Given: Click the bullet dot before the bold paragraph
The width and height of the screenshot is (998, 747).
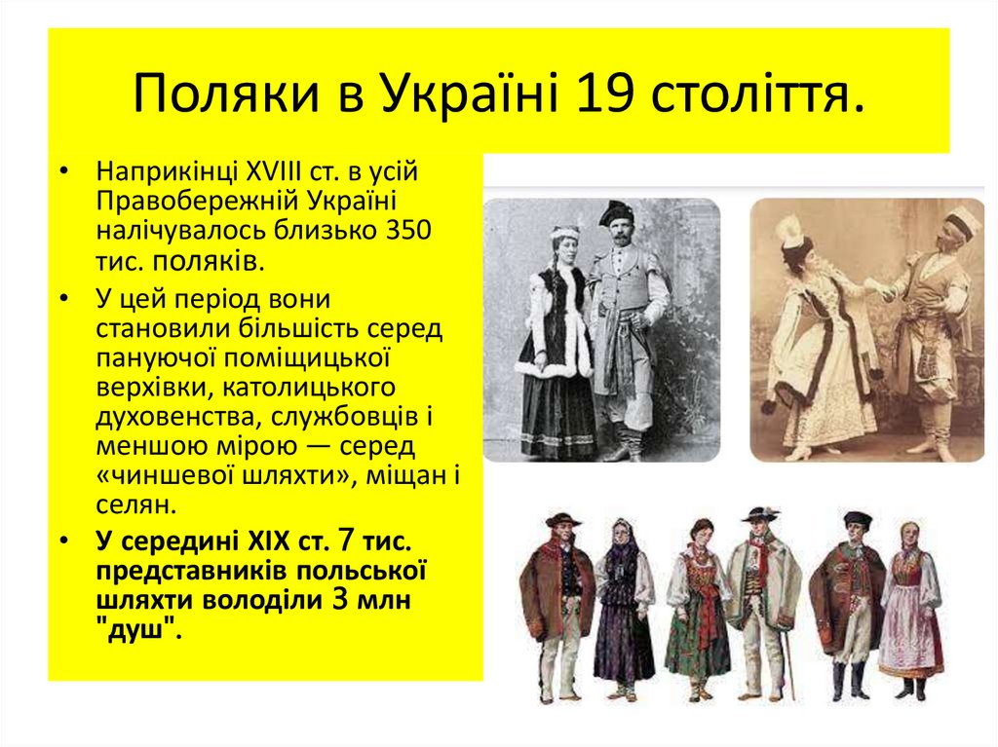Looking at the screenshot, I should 63,542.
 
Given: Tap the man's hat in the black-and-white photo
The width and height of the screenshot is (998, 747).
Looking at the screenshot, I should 616,211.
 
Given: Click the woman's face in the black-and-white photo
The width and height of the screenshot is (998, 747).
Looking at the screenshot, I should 564,247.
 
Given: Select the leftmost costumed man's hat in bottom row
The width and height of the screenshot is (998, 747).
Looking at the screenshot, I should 562,519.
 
